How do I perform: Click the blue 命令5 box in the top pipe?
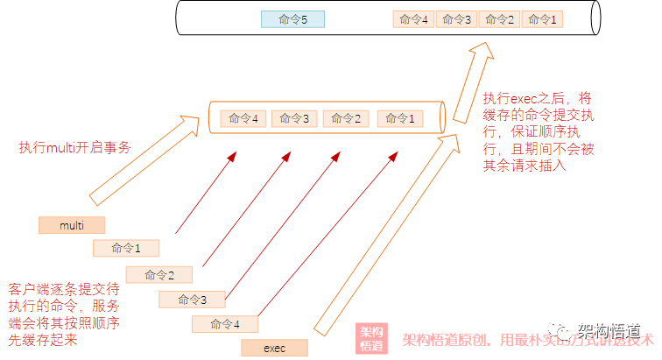click(292, 18)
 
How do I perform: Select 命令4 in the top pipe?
click(413, 18)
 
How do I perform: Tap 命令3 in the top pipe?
click(456, 18)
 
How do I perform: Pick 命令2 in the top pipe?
click(499, 18)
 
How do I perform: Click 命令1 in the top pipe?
click(542, 18)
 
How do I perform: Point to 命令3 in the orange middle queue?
click(293, 118)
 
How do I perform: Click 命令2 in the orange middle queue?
click(346, 118)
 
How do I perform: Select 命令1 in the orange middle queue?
click(400, 118)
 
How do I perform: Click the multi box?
click(72, 225)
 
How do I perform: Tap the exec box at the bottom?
click(274, 348)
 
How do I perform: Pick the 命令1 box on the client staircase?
click(126, 248)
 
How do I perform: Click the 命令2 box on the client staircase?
click(159, 274)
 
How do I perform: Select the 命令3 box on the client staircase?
click(192, 300)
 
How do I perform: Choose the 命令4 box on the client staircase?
click(225, 324)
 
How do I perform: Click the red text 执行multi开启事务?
click(75, 148)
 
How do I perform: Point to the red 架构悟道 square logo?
click(371, 339)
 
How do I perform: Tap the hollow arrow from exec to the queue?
click(385, 236)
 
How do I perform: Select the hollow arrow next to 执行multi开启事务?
click(140, 162)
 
